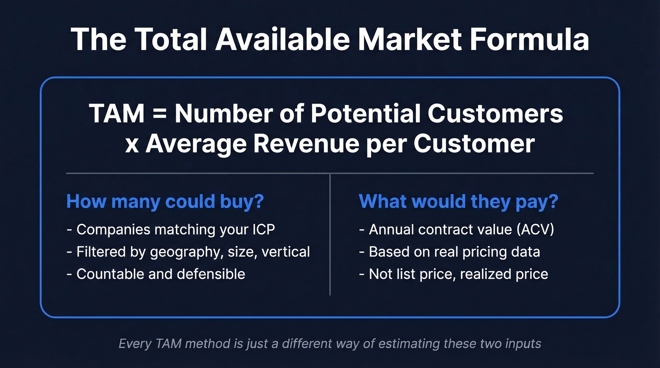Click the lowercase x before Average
coord(132,145)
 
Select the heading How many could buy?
coord(165,202)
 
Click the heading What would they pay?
coord(459,202)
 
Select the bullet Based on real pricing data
coord(454,252)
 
